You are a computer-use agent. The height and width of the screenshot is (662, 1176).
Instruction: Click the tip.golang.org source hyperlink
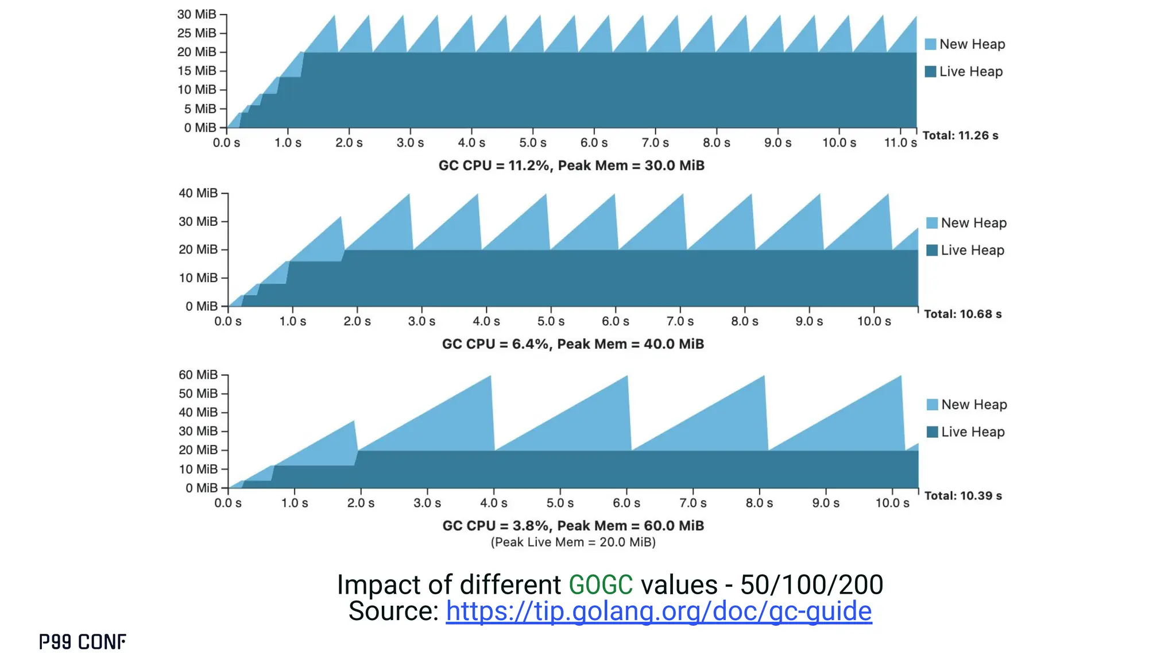click(659, 611)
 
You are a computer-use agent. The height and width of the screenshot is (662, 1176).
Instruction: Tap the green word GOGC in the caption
click(601, 585)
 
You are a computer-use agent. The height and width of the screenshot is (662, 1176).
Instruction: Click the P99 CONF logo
click(83, 642)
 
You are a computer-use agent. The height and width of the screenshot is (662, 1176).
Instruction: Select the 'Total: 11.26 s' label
click(960, 136)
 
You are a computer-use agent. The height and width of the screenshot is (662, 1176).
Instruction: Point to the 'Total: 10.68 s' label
click(962, 314)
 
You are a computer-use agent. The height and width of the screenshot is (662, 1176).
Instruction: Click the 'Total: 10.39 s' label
click(963, 496)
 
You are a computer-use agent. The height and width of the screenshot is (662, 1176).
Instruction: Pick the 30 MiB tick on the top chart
click(197, 14)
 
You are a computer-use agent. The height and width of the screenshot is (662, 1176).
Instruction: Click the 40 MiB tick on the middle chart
click(198, 193)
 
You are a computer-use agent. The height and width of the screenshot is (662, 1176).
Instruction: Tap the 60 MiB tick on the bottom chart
click(198, 375)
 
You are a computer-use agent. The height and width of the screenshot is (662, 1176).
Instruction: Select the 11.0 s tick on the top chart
click(900, 143)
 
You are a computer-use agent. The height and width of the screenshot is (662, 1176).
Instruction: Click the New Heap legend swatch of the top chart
click(931, 44)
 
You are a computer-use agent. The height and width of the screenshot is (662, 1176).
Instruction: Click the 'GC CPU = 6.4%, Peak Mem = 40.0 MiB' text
click(572, 344)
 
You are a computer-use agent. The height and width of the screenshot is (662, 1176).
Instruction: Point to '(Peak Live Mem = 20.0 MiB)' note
click(573, 542)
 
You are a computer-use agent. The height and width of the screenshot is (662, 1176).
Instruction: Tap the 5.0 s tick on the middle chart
click(551, 321)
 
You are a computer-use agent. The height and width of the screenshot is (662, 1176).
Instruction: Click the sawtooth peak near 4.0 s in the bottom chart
click(490, 377)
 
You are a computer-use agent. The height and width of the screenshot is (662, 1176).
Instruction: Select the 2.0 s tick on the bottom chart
click(361, 503)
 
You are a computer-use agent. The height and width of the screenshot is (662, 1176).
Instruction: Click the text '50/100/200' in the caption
click(811, 585)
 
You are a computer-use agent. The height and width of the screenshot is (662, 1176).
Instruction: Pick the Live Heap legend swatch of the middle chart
click(932, 251)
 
